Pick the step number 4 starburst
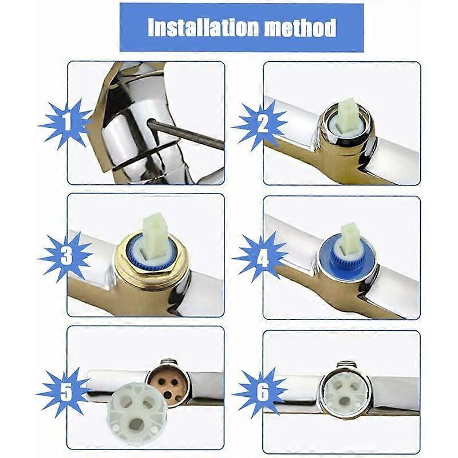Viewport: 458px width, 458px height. (x=260, y=258)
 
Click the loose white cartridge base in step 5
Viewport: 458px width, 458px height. (x=137, y=406)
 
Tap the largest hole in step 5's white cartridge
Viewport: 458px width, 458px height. (x=138, y=423)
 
